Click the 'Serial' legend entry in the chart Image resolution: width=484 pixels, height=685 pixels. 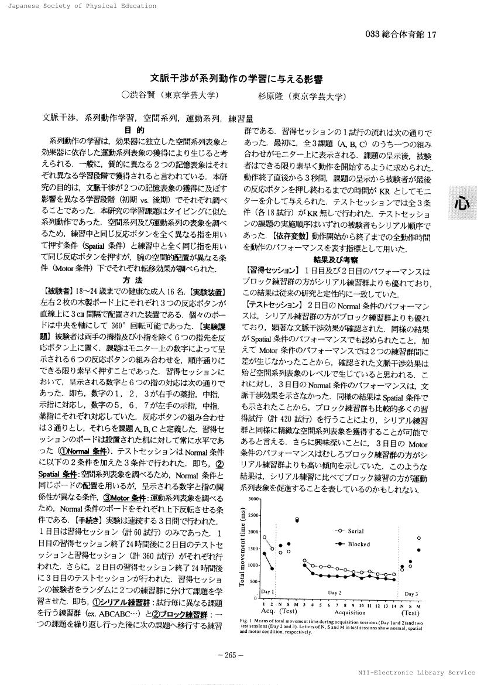click(x=356, y=532)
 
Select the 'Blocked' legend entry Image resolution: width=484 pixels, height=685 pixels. click(x=358, y=544)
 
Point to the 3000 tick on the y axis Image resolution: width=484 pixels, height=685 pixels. click(x=253, y=498)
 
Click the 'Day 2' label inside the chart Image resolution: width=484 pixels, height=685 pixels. click(x=334, y=592)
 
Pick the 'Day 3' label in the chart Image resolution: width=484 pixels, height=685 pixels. click(x=411, y=594)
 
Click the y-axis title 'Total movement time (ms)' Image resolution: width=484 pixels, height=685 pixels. click(x=242, y=547)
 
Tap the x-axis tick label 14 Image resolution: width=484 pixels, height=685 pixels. click(x=393, y=604)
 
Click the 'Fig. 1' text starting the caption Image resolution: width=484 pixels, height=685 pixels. click(x=246, y=620)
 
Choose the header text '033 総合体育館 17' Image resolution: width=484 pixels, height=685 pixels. click(x=401, y=35)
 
